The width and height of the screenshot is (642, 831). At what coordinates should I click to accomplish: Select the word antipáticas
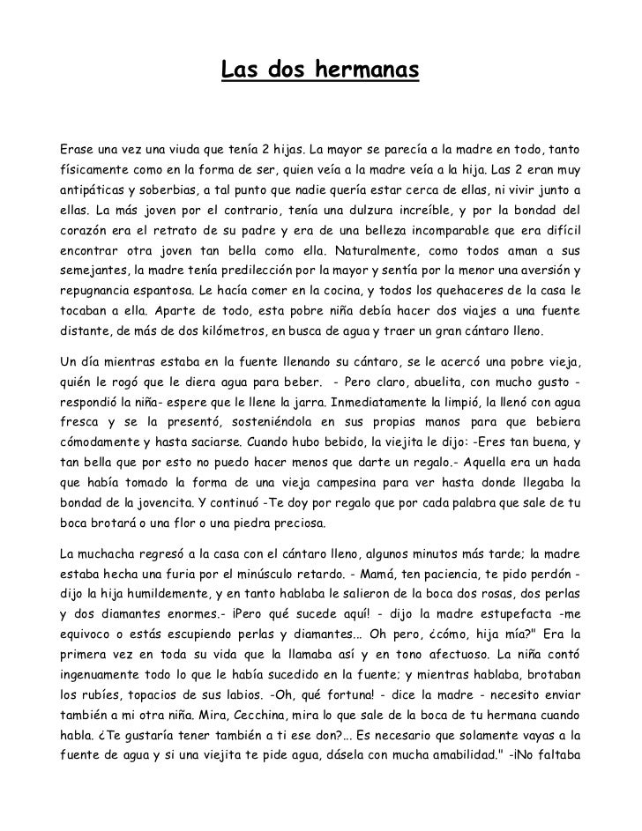click(x=90, y=190)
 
